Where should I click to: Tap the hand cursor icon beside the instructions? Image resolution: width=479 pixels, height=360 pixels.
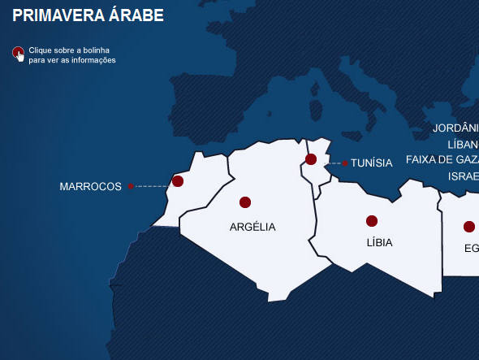pyautogui.click(x=18, y=54)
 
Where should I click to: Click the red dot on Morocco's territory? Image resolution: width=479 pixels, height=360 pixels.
pyautogui.click(x=178, y=181)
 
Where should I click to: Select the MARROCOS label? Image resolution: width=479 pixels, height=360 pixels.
pyautogui.click(x=90, y=187)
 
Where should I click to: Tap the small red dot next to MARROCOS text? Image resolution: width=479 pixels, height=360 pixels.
pyautogui.click(x=131, y=187)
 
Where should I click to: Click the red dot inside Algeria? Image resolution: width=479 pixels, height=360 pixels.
pyautogui.click(x=245, y=202)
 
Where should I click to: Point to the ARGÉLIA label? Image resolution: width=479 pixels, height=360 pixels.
pyautogui.click(x=252, y=227)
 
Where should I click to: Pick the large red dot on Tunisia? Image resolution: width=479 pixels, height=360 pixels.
pyautogui.click(x=311, y=159)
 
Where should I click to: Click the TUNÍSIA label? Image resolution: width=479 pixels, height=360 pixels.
pyautogui.click(x=371, y=163)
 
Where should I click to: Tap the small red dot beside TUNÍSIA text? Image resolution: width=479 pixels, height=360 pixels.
pyautogui.click(x=345, y=163)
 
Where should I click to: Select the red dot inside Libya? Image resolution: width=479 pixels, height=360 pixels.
pyautogui.click(x=372, y=221)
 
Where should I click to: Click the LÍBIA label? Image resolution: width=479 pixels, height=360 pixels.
pyautogui.click(x=379, y=242)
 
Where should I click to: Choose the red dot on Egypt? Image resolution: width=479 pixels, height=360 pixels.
pyautogui.click(x=469, y=227)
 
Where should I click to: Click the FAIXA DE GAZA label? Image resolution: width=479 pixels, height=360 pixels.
pyautogui.click(x=442, y=159)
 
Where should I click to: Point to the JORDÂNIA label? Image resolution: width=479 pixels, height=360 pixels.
pyautogui.click(x=456, y=128)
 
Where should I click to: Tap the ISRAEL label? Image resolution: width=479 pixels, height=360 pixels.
pyautogui.click(x=464, y=176)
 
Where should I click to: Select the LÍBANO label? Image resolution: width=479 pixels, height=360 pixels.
pyautogui.click(x=461, y=145)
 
